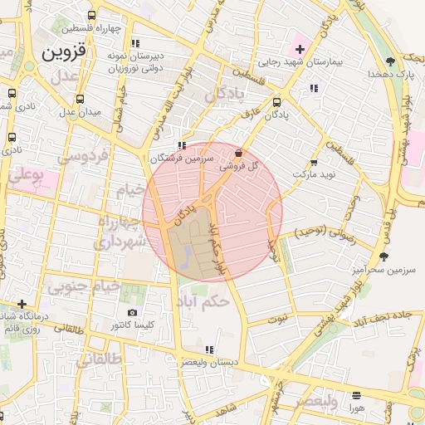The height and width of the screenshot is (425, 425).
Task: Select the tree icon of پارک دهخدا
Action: pyautogui.click(x=390, y=61)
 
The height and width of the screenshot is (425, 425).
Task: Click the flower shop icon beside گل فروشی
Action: pyautogui.click(x=240, y=154)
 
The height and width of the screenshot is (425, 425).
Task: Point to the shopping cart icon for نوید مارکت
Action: pyautogui.click(x=314, y=163)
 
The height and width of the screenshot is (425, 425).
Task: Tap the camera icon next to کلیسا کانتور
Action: pyautogui.click(x=133, y=312)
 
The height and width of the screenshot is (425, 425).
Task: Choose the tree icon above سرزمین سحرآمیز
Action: pyautogui.click(x=383, y=256)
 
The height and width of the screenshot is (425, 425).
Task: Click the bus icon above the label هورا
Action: pyautogui.click(x=357, y=395)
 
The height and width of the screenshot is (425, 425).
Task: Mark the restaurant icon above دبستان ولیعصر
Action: pyautogui.click(x=209, y=349)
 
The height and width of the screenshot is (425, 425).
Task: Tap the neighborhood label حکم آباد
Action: pyautogui.click(x=203, y=302)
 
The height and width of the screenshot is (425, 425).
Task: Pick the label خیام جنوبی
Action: pyautogui.click(x=83, y=287)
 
